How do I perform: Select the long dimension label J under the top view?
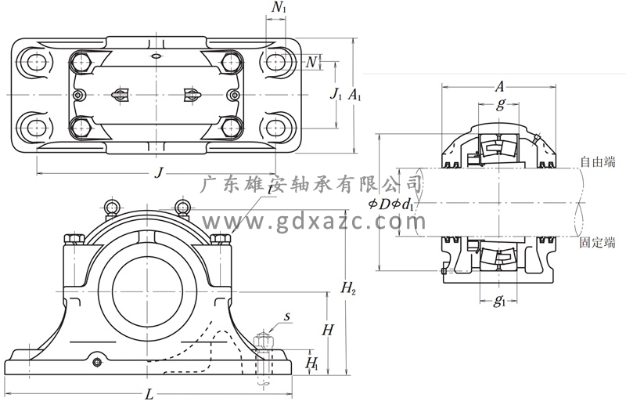[x=159, y=172]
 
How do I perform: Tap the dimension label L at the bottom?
[x=149, y=393]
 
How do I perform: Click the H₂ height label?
[x=349, y=290]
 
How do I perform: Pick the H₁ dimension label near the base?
[x=311, y=363]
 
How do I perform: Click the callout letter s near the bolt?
[x=287, y=316]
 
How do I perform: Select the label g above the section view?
[x=501, y=105]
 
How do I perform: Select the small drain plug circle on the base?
[x=96, y=361]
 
